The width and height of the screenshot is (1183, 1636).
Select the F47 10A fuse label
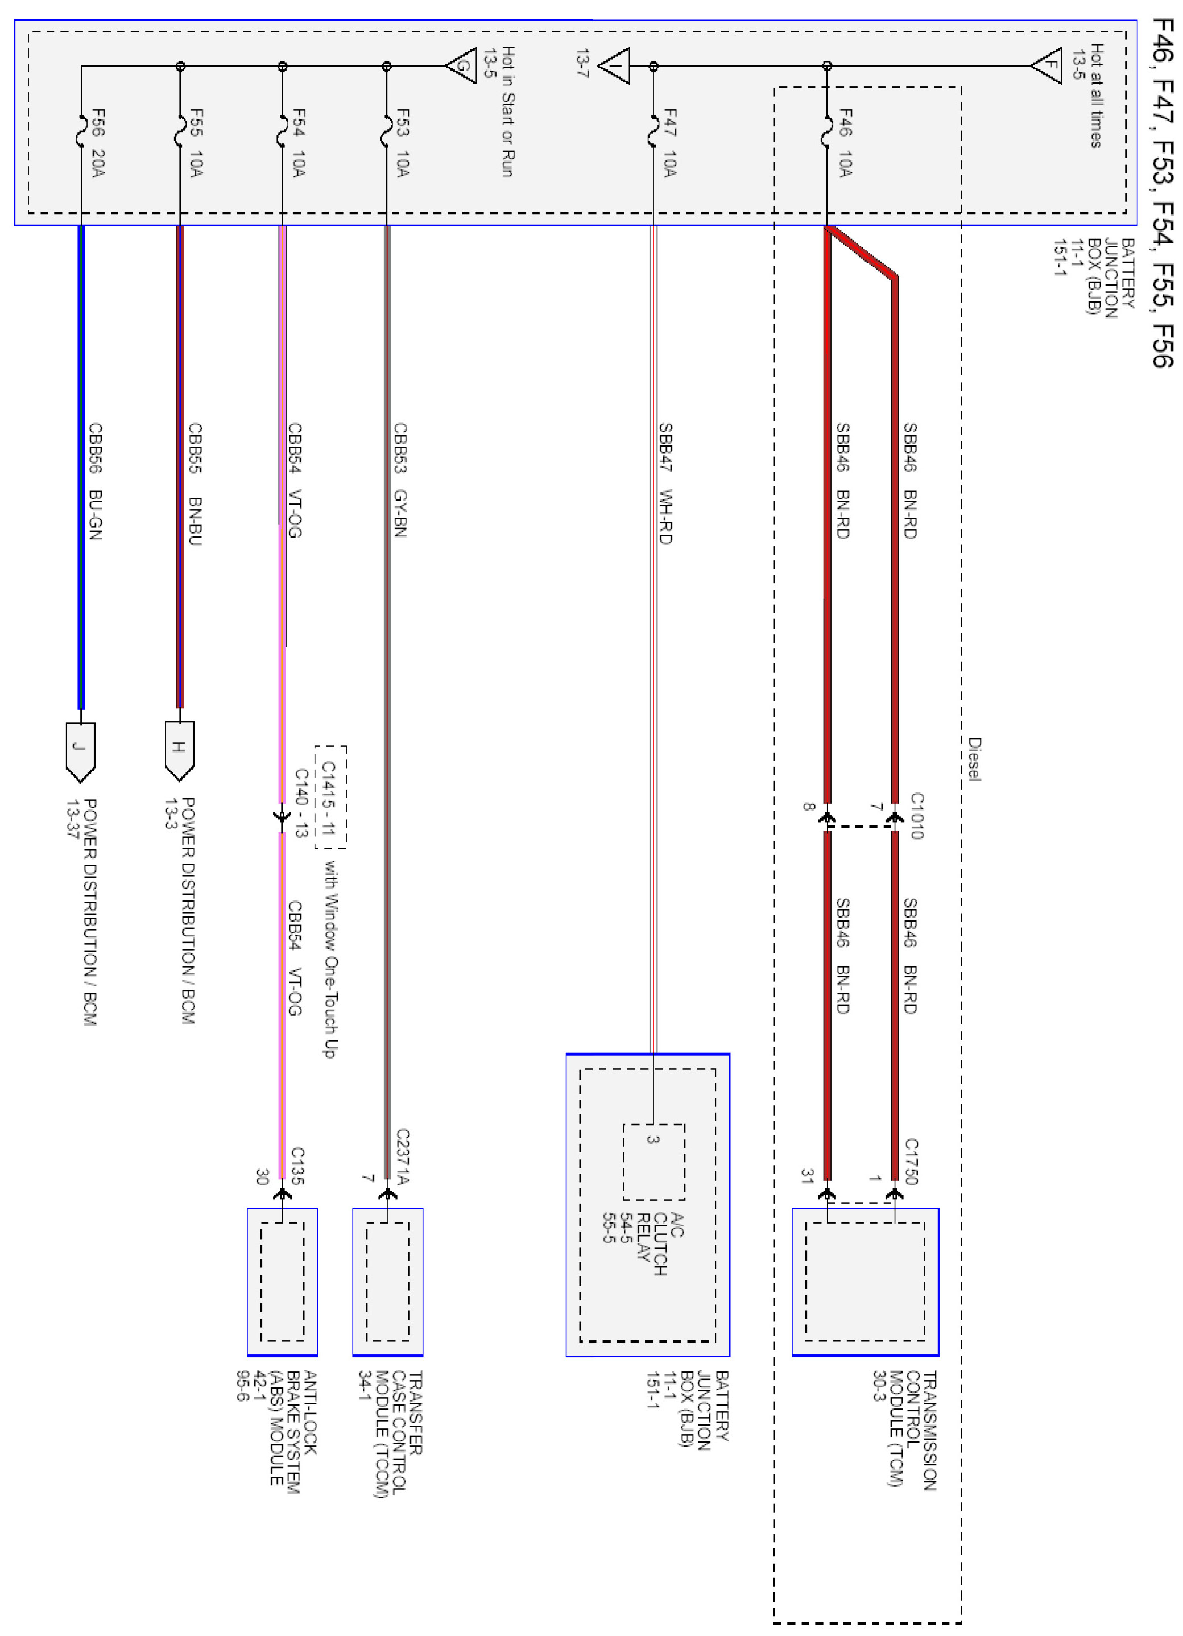670,143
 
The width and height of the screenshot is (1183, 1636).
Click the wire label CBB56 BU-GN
95,481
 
